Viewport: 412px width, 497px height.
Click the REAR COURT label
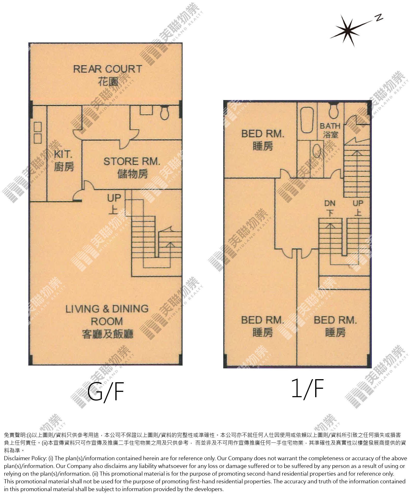[x=108, y=69]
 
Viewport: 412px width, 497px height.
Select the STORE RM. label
[x=132, y=162]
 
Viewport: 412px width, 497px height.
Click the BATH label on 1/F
[x=330, y=126]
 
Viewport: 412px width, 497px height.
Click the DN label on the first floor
[x=330, y=203]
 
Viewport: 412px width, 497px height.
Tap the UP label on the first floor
[x=358, y=203]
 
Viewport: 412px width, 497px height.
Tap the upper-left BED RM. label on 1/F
[x=263, y=134]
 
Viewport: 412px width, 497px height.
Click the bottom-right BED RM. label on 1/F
[x=335, y=320]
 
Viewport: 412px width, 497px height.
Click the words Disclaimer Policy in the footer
[x=25, y=458]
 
